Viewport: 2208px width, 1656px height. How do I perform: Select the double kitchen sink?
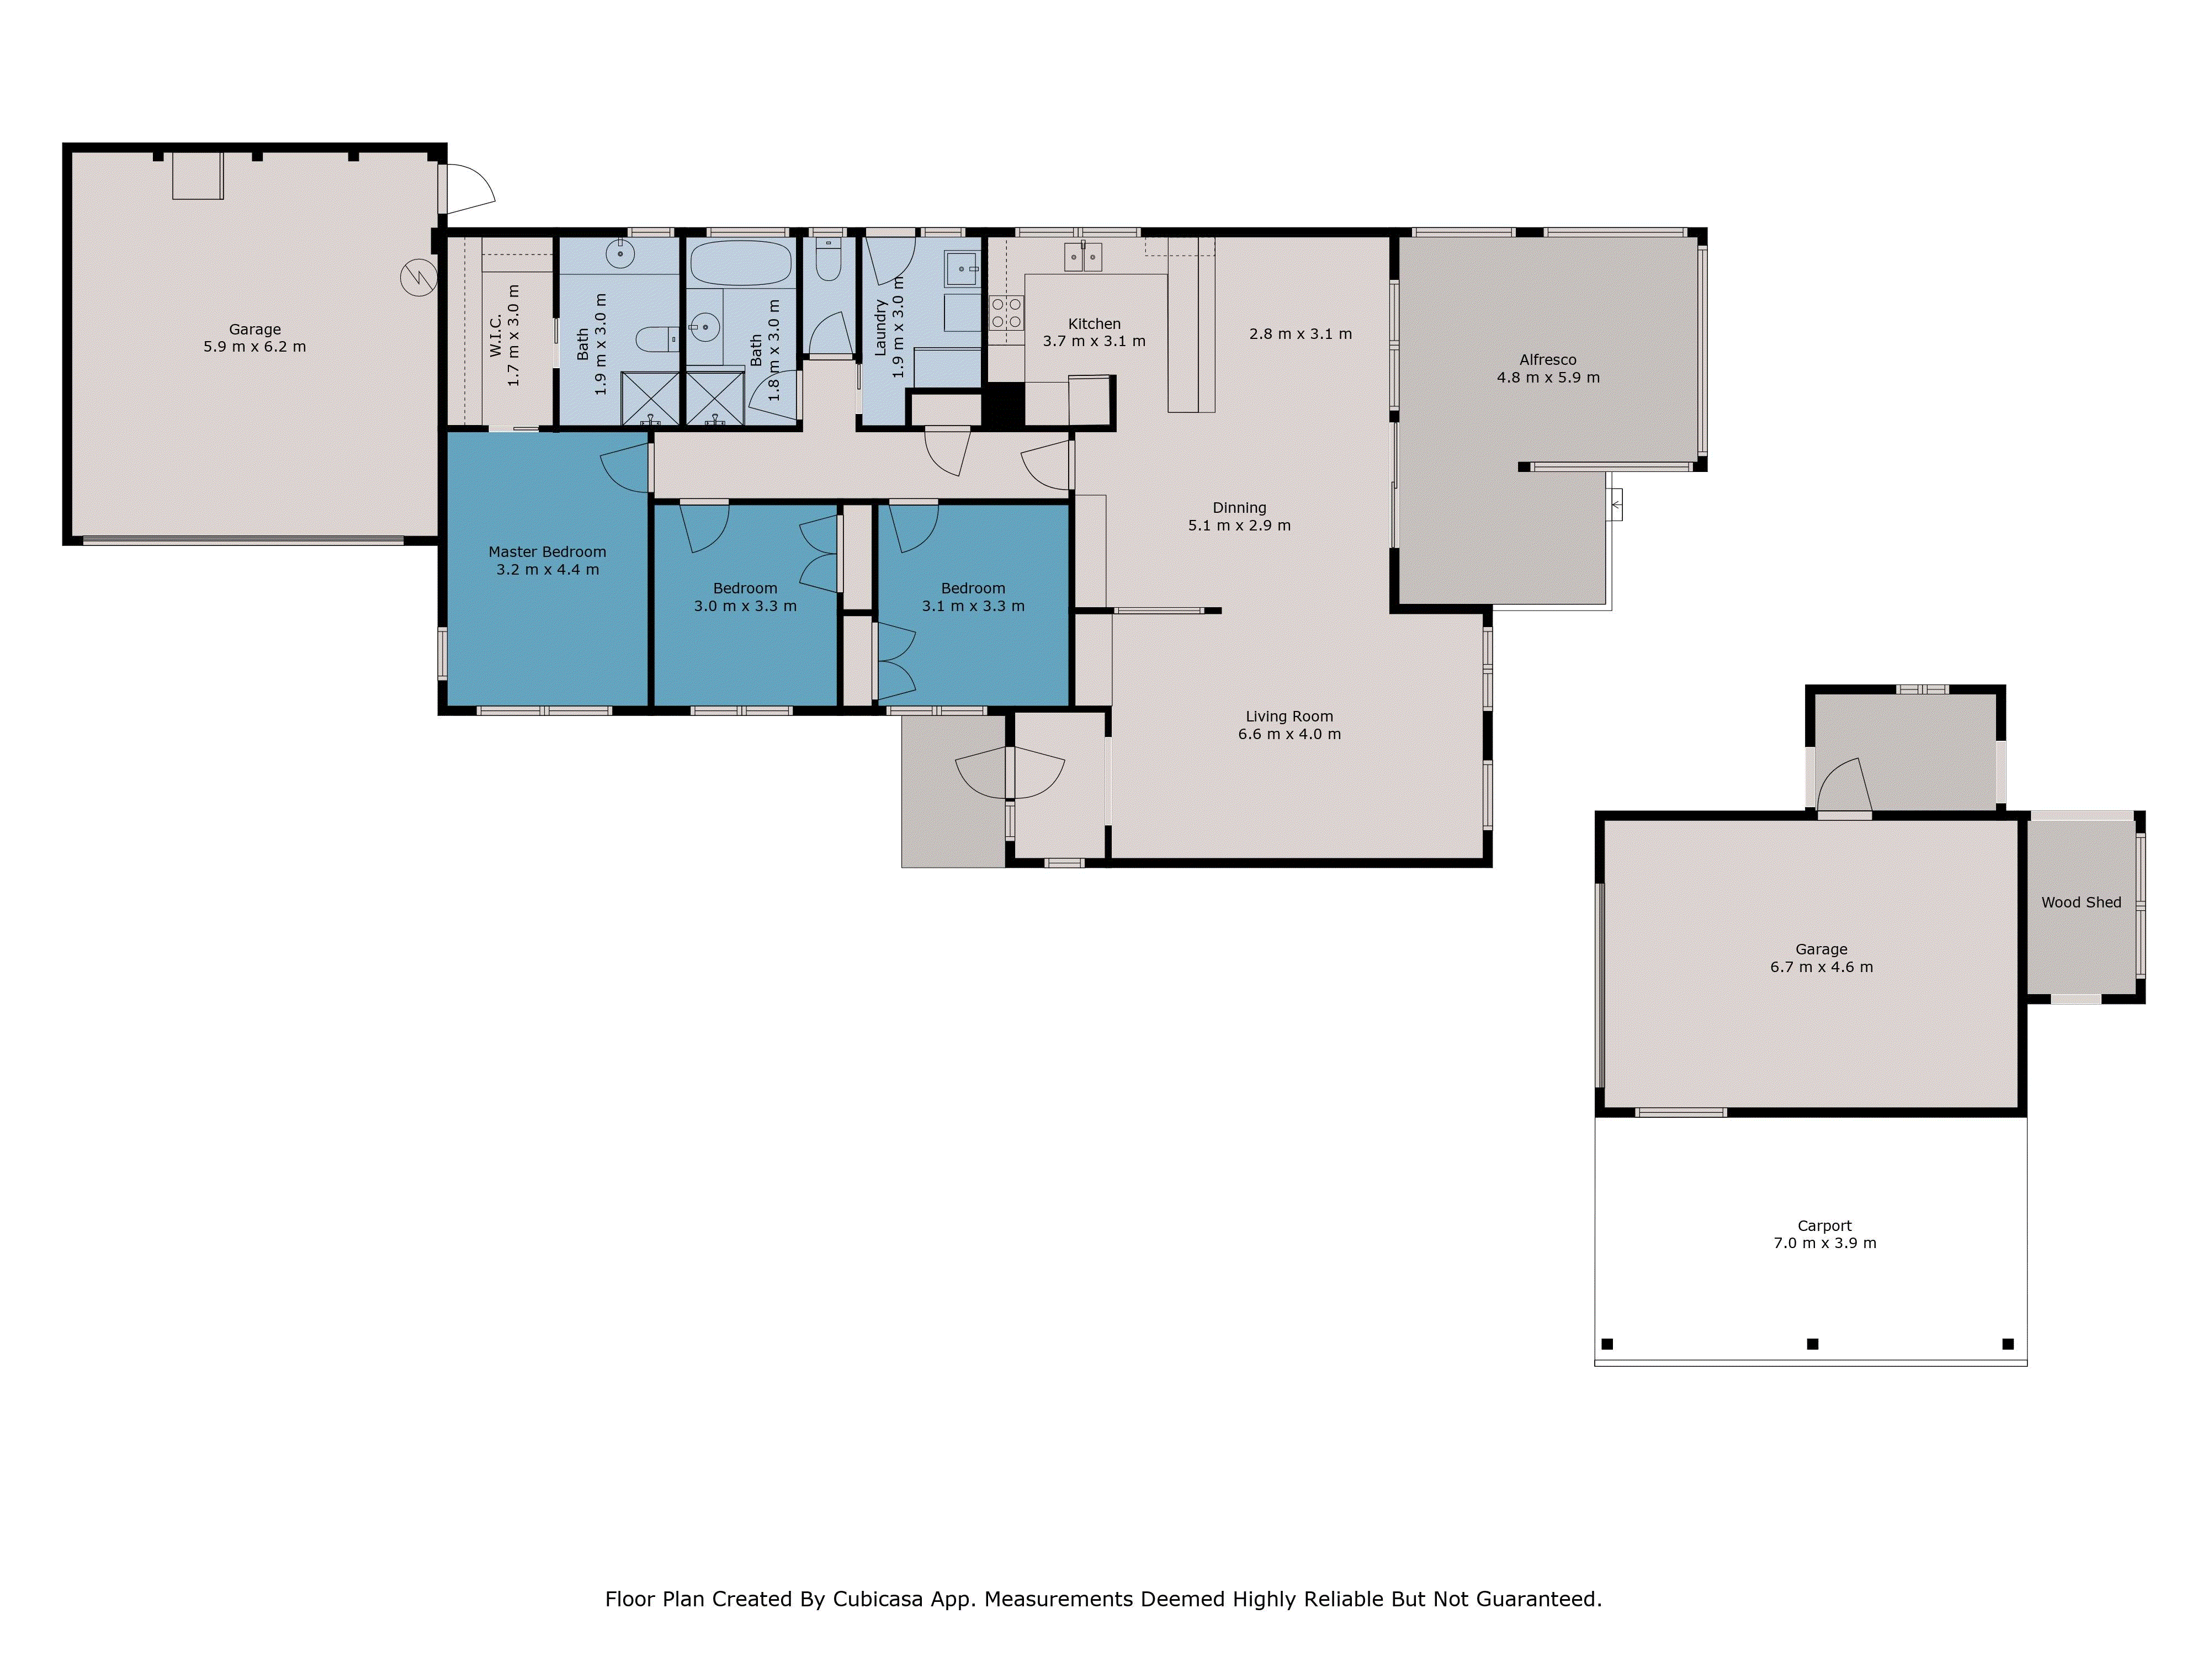click(x=1083, y=257)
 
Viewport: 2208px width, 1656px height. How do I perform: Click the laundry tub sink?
click(x=962, y=268)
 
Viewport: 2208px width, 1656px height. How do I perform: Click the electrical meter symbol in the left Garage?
click(x=418, y=278)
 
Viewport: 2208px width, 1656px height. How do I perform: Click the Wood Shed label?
click(x=2080, y=903)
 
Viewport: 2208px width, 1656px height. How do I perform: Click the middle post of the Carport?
click(x=1813, y=1344)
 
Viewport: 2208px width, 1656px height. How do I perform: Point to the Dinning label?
click(x=1239, y=508)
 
